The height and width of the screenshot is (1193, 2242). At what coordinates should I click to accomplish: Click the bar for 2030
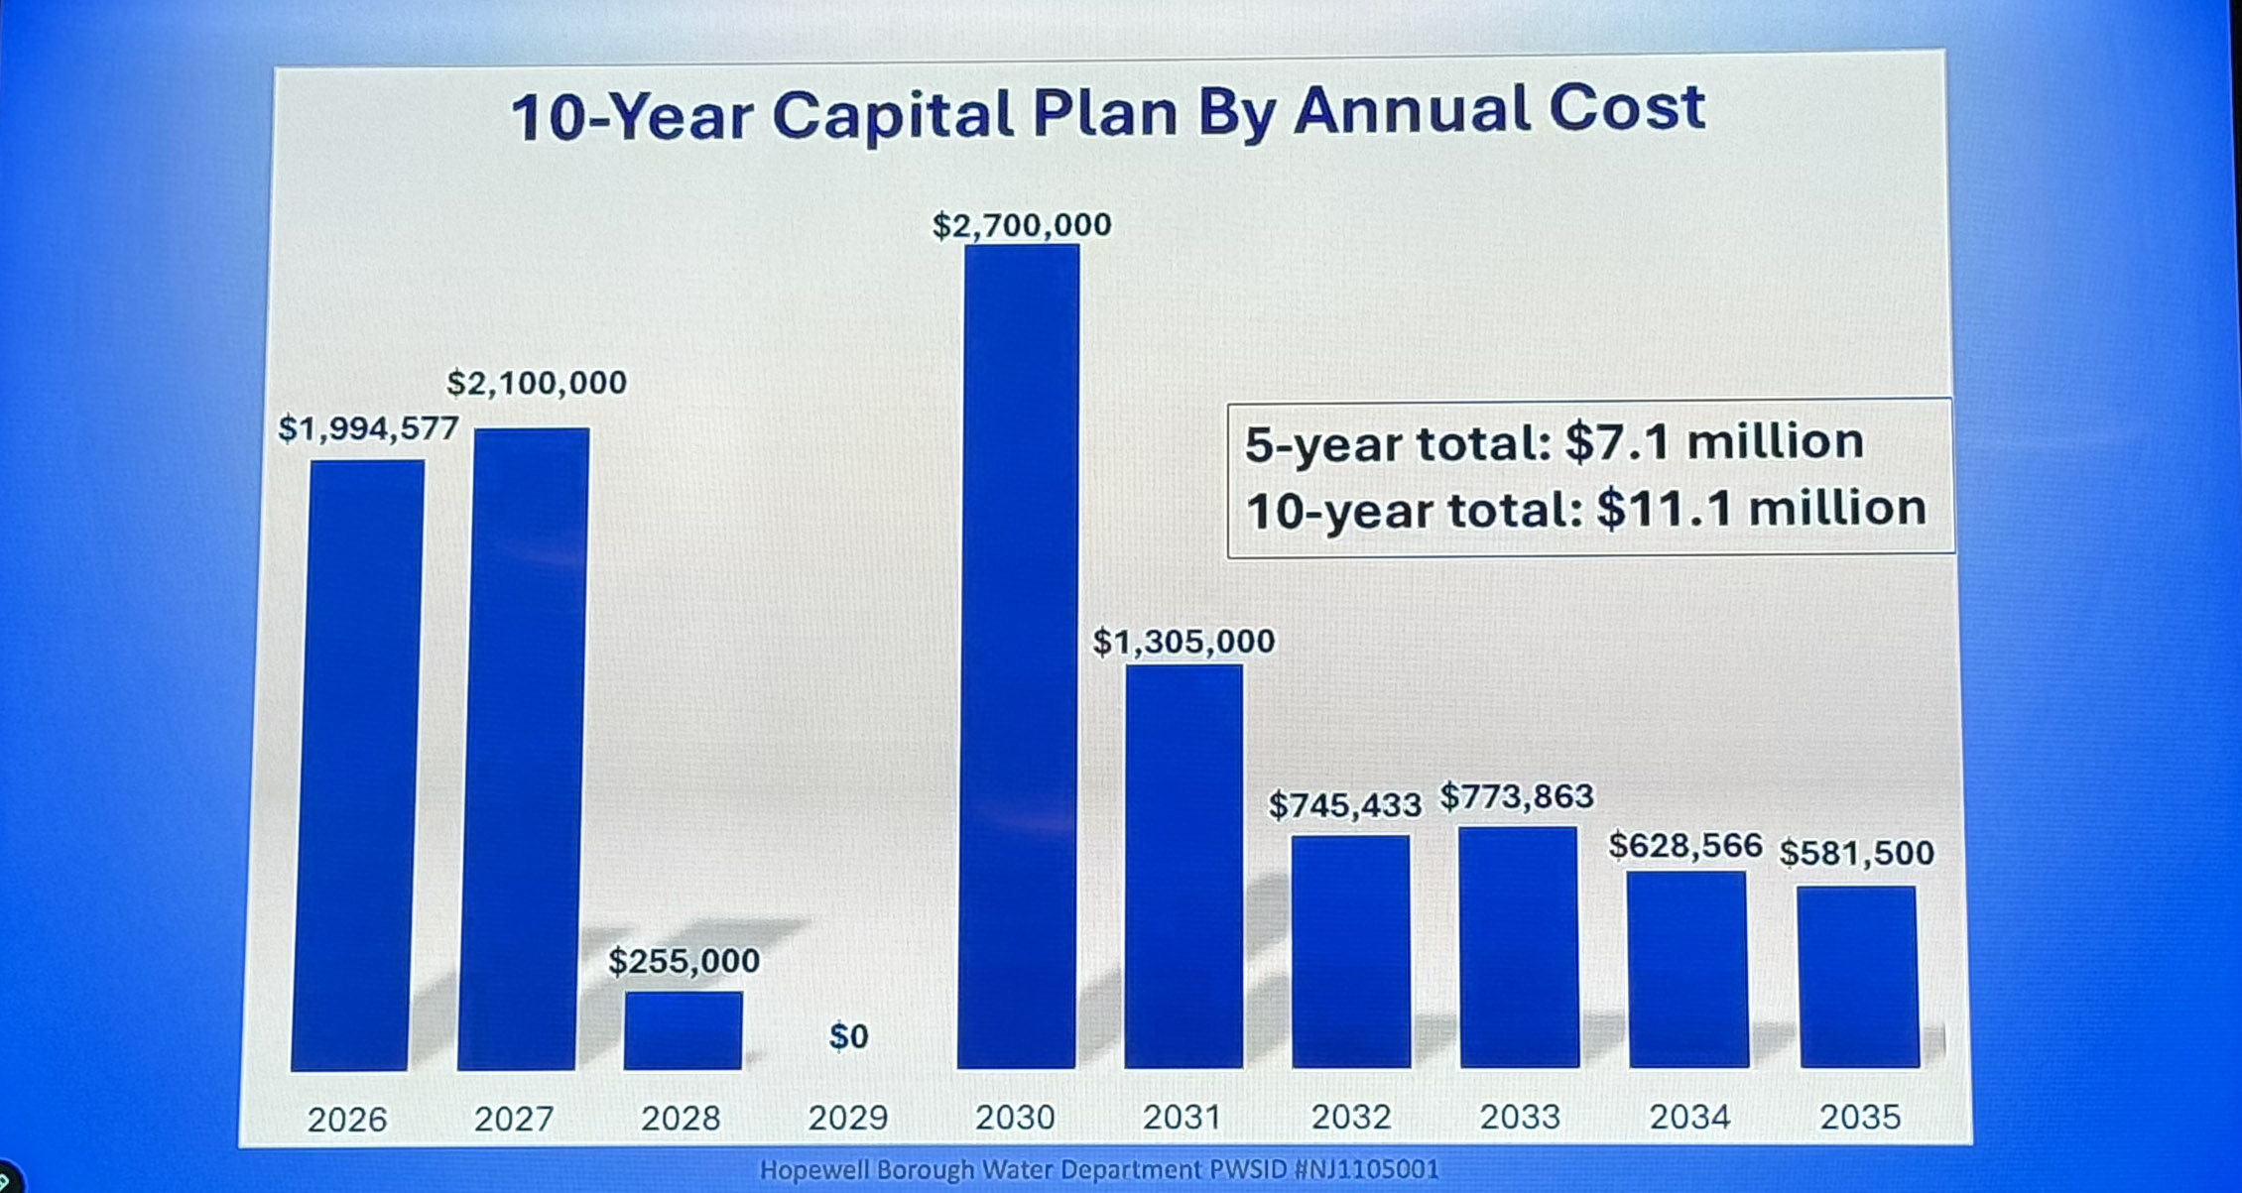[1019, 655]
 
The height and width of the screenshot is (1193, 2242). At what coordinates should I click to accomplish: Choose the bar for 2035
[1858, 976]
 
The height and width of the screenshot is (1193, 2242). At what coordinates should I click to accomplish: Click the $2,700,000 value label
[1022, 225]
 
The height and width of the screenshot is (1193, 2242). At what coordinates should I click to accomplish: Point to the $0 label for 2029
[848, 1036]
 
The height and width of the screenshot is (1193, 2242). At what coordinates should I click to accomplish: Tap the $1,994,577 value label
[368, 428]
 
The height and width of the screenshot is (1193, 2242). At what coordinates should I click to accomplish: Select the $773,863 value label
[1517, 796]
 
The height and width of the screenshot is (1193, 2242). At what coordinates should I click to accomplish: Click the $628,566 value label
[1684, 845]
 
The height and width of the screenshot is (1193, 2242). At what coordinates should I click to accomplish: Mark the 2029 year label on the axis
[847, 1118]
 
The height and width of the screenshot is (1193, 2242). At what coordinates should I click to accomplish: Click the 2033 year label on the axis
[1520, 1117]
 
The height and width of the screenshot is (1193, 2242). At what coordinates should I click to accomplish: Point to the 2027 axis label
[513, 1119]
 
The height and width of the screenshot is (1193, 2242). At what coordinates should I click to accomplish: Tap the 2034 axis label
[1689, 1117]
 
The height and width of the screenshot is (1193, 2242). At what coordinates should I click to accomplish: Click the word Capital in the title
[893, 115]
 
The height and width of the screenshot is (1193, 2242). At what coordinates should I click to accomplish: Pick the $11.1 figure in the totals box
[1663, 509]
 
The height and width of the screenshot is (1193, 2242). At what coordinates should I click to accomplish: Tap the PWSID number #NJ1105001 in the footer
[1366, 1170]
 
